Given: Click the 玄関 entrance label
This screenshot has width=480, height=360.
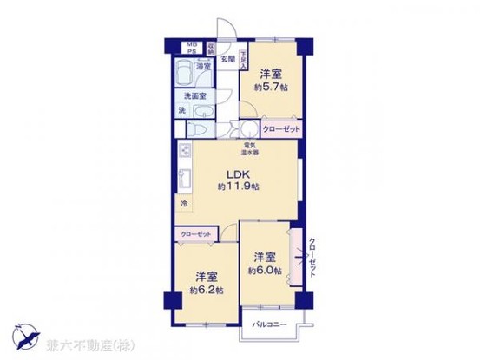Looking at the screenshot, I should [227, 59].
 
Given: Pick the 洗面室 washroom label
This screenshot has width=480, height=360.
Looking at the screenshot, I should [195, 96].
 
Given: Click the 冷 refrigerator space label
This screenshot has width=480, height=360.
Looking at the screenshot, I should [183, 204].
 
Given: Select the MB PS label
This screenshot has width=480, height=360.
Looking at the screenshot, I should [192, 46].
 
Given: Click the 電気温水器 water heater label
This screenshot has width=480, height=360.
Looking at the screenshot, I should [249, 147].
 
